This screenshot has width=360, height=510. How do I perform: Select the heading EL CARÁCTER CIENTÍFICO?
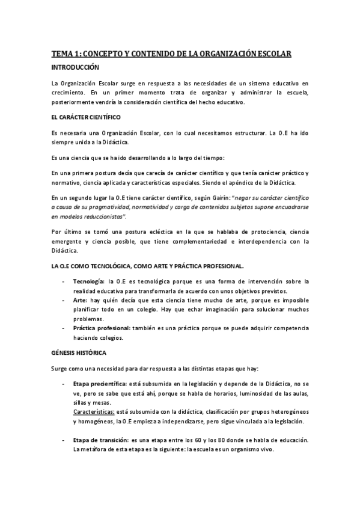[87, 117]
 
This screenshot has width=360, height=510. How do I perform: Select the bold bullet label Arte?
[80, 300]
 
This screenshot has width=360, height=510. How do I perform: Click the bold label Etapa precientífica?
[99, 384]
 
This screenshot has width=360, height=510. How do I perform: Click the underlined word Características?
[98, 413]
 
